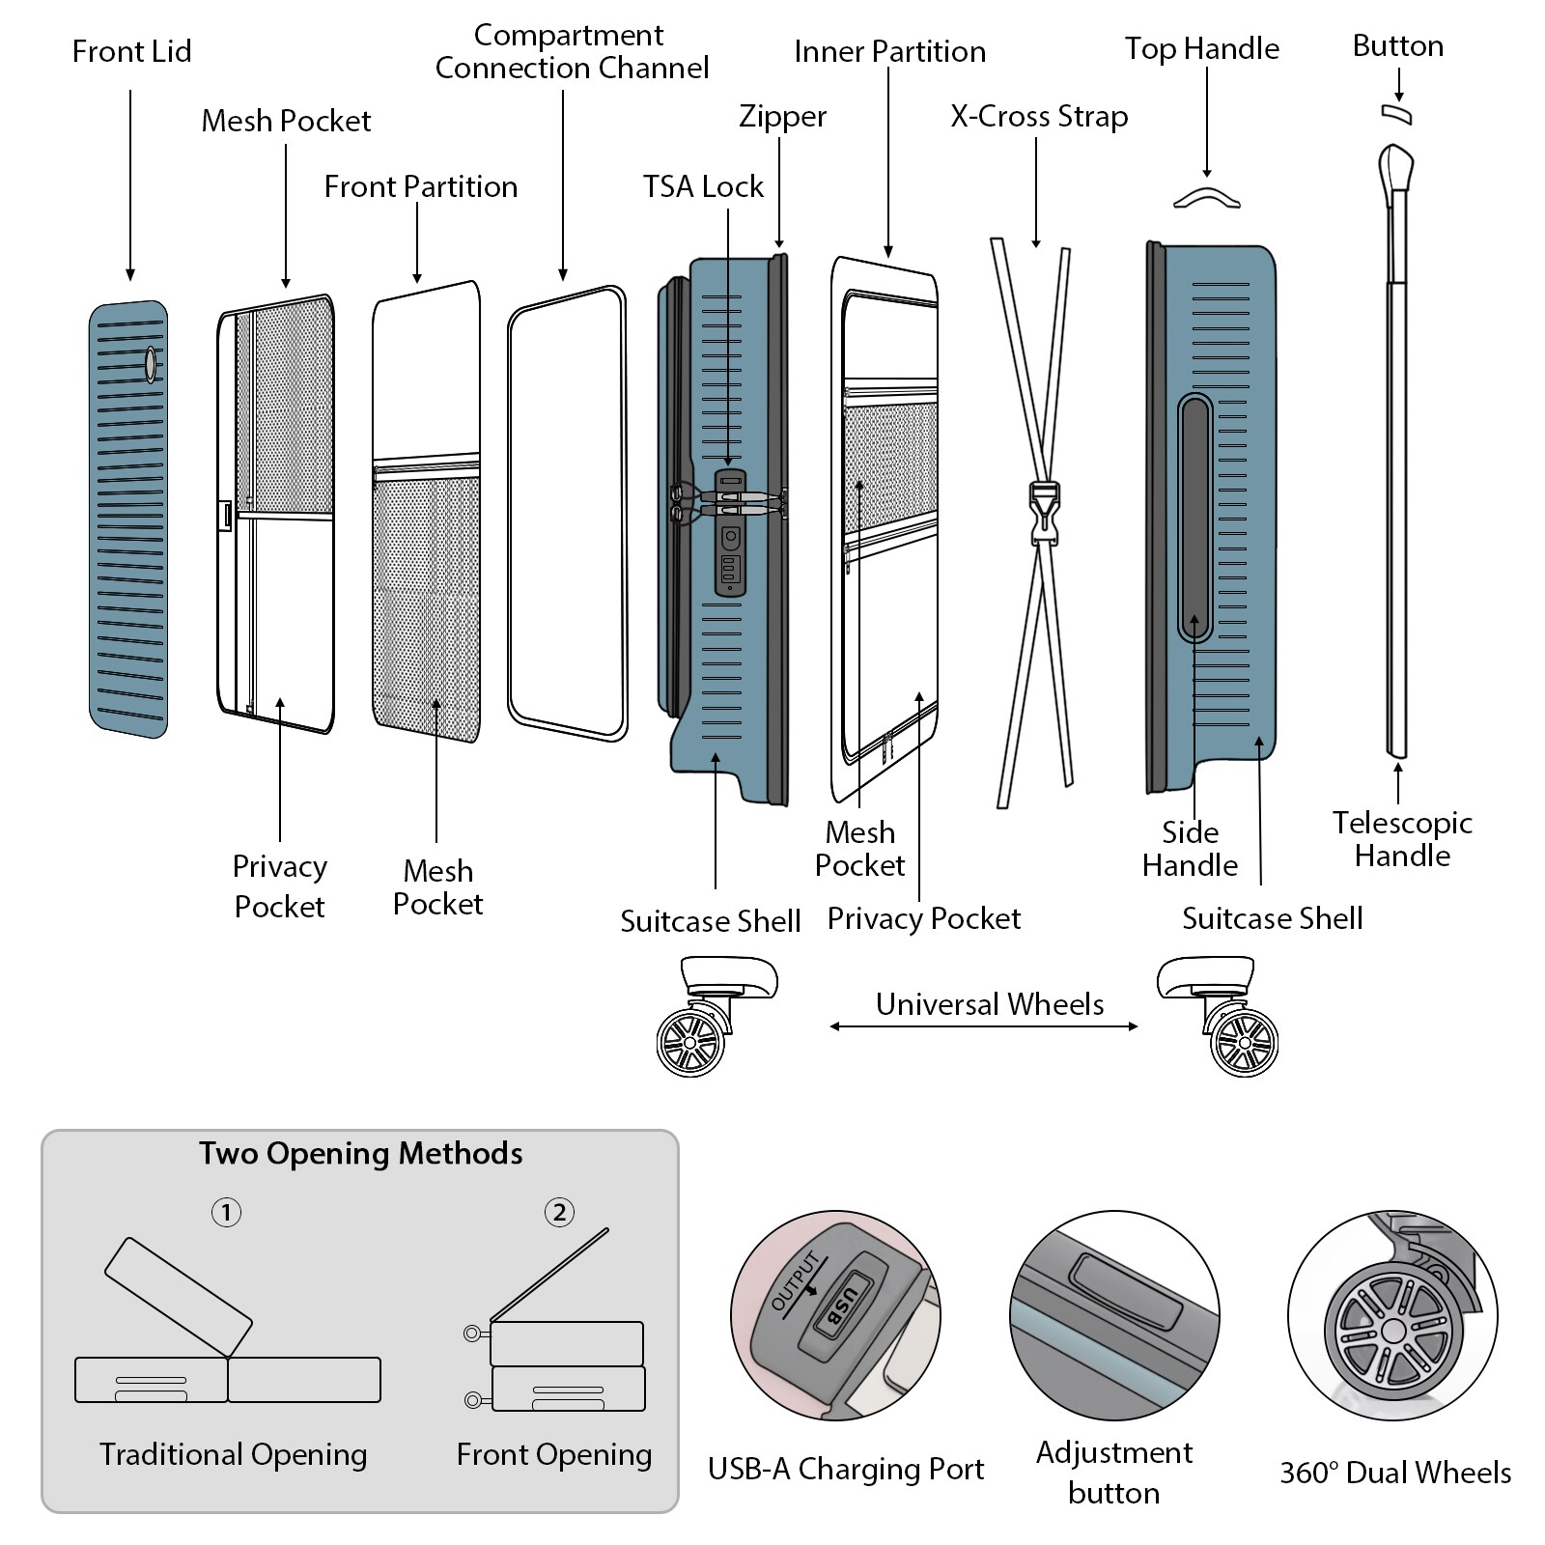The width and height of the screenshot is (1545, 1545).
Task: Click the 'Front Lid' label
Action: (x=132, y=51)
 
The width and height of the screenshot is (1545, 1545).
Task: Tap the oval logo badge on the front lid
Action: (x=151, y=363)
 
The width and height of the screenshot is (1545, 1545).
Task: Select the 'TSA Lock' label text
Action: (x=703, y=186)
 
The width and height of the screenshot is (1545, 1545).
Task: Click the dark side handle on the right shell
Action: (x=1194, y=518)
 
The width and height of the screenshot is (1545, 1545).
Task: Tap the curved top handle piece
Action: (x=1207, y=196)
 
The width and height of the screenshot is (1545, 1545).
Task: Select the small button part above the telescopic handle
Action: (x=1396, y=114)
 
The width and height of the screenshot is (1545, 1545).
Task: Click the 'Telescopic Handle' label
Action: (x=1402, y=838)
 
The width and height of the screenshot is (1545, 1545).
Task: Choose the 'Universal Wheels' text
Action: (x=990, y=1004)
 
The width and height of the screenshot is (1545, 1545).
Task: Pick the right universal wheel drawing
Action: (x=1244, y=1042)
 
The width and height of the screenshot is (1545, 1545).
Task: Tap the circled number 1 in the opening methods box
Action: (x=226, y=1212)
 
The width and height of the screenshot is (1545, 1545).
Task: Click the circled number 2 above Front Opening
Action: (x=559, y=1212)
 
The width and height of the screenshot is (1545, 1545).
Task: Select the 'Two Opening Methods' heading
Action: (x=360, y=1153)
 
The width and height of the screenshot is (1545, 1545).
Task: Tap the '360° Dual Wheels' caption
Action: (x=1395, y=1473)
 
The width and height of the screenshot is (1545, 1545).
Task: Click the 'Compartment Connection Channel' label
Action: (x=571, y=51)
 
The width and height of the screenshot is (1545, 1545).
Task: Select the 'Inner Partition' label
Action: (x=889, y=51)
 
